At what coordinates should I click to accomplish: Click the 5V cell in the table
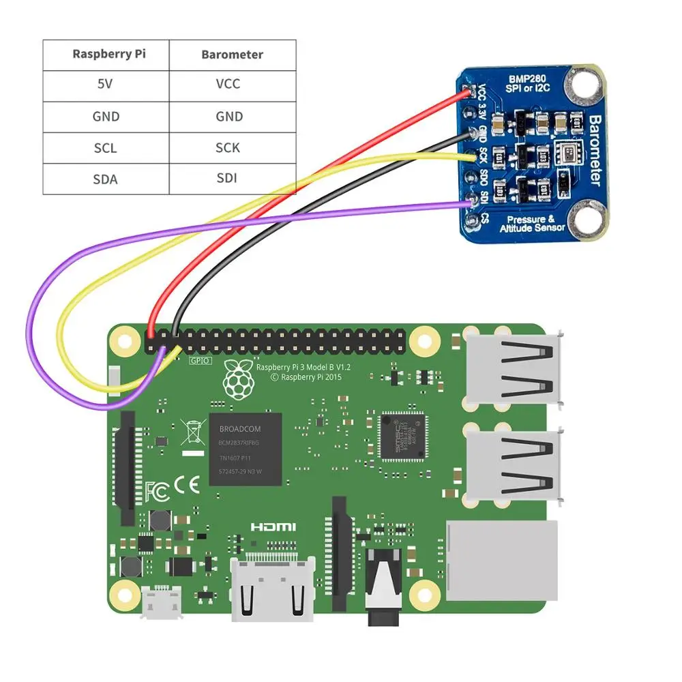coord(106,85)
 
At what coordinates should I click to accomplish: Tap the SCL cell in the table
coord(106,148)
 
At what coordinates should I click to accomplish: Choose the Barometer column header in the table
coord(232,54)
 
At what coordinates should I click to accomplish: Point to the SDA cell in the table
coord(106,179)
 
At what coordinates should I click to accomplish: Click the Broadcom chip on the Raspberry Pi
coord(245,449)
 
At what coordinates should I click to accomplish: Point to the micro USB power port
coord(162,603)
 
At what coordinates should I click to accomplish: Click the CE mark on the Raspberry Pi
coord(185,486)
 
